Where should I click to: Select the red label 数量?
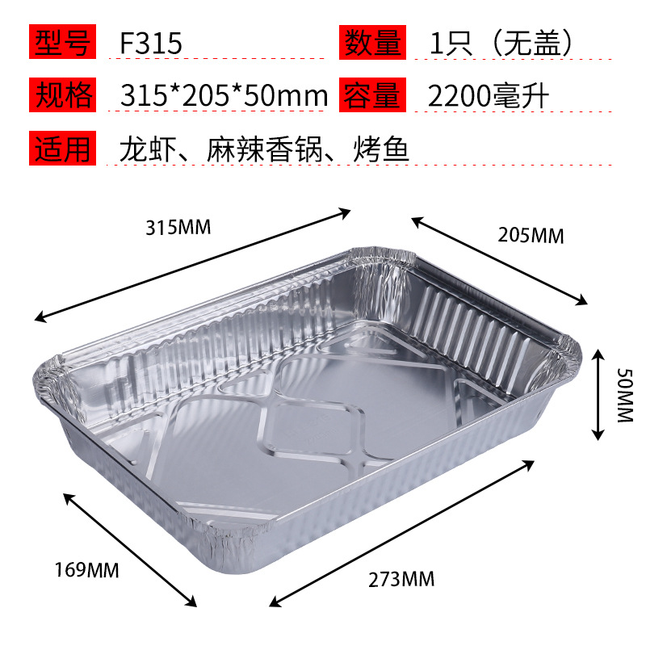(374, 42)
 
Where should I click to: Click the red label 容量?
(374, 96)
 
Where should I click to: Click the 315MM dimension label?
(178, 228)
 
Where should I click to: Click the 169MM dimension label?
(88, 571)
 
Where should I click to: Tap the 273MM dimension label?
(401, 578)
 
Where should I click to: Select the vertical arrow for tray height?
(598, 394)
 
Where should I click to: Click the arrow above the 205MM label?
(500, 260)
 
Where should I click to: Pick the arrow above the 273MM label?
(402, 532)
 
